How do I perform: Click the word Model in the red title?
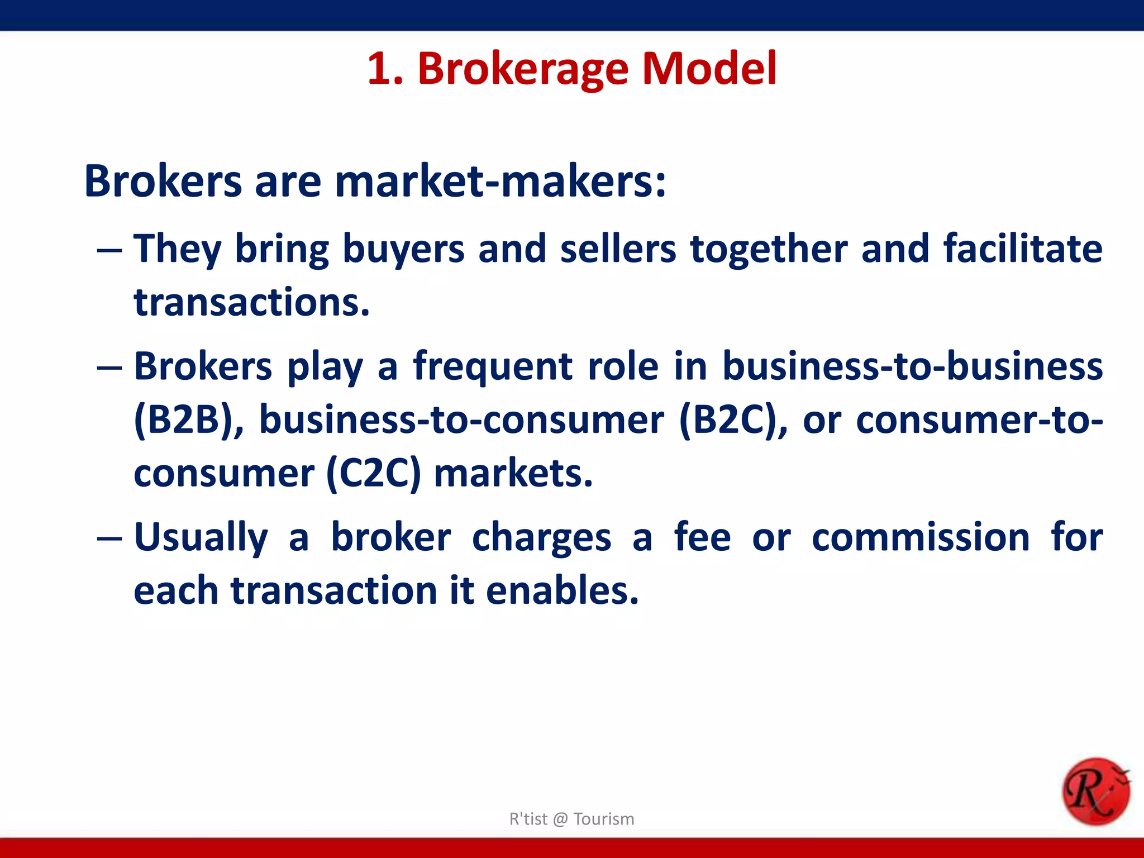coord(709,69)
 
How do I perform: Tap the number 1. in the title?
coord(385,69)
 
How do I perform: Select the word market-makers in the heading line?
coord(500,182)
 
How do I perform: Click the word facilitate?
coord(1023,248)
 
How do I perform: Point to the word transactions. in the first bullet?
coord(252,302)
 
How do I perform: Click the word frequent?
coord(493,366)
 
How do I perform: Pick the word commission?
coord(921,537)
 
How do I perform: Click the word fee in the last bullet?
coord(702,537)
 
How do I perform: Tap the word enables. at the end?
coord(562,590)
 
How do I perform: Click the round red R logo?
coord(1095,791)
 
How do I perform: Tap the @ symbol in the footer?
coord(560,819)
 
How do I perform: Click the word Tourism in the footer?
coord(604,819)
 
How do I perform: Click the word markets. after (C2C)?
coord(513,474)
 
